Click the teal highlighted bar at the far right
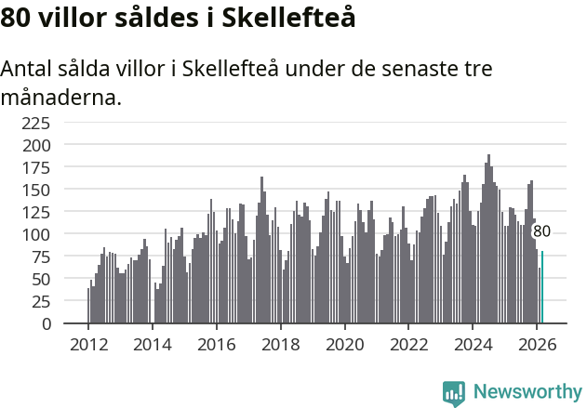542,287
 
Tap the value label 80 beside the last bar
541,231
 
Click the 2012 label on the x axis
88,343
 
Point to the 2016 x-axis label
217,343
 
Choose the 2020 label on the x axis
344,343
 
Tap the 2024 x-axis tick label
473,343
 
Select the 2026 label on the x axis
537,343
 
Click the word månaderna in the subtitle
61,98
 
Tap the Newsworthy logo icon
454,392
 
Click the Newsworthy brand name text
527,392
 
